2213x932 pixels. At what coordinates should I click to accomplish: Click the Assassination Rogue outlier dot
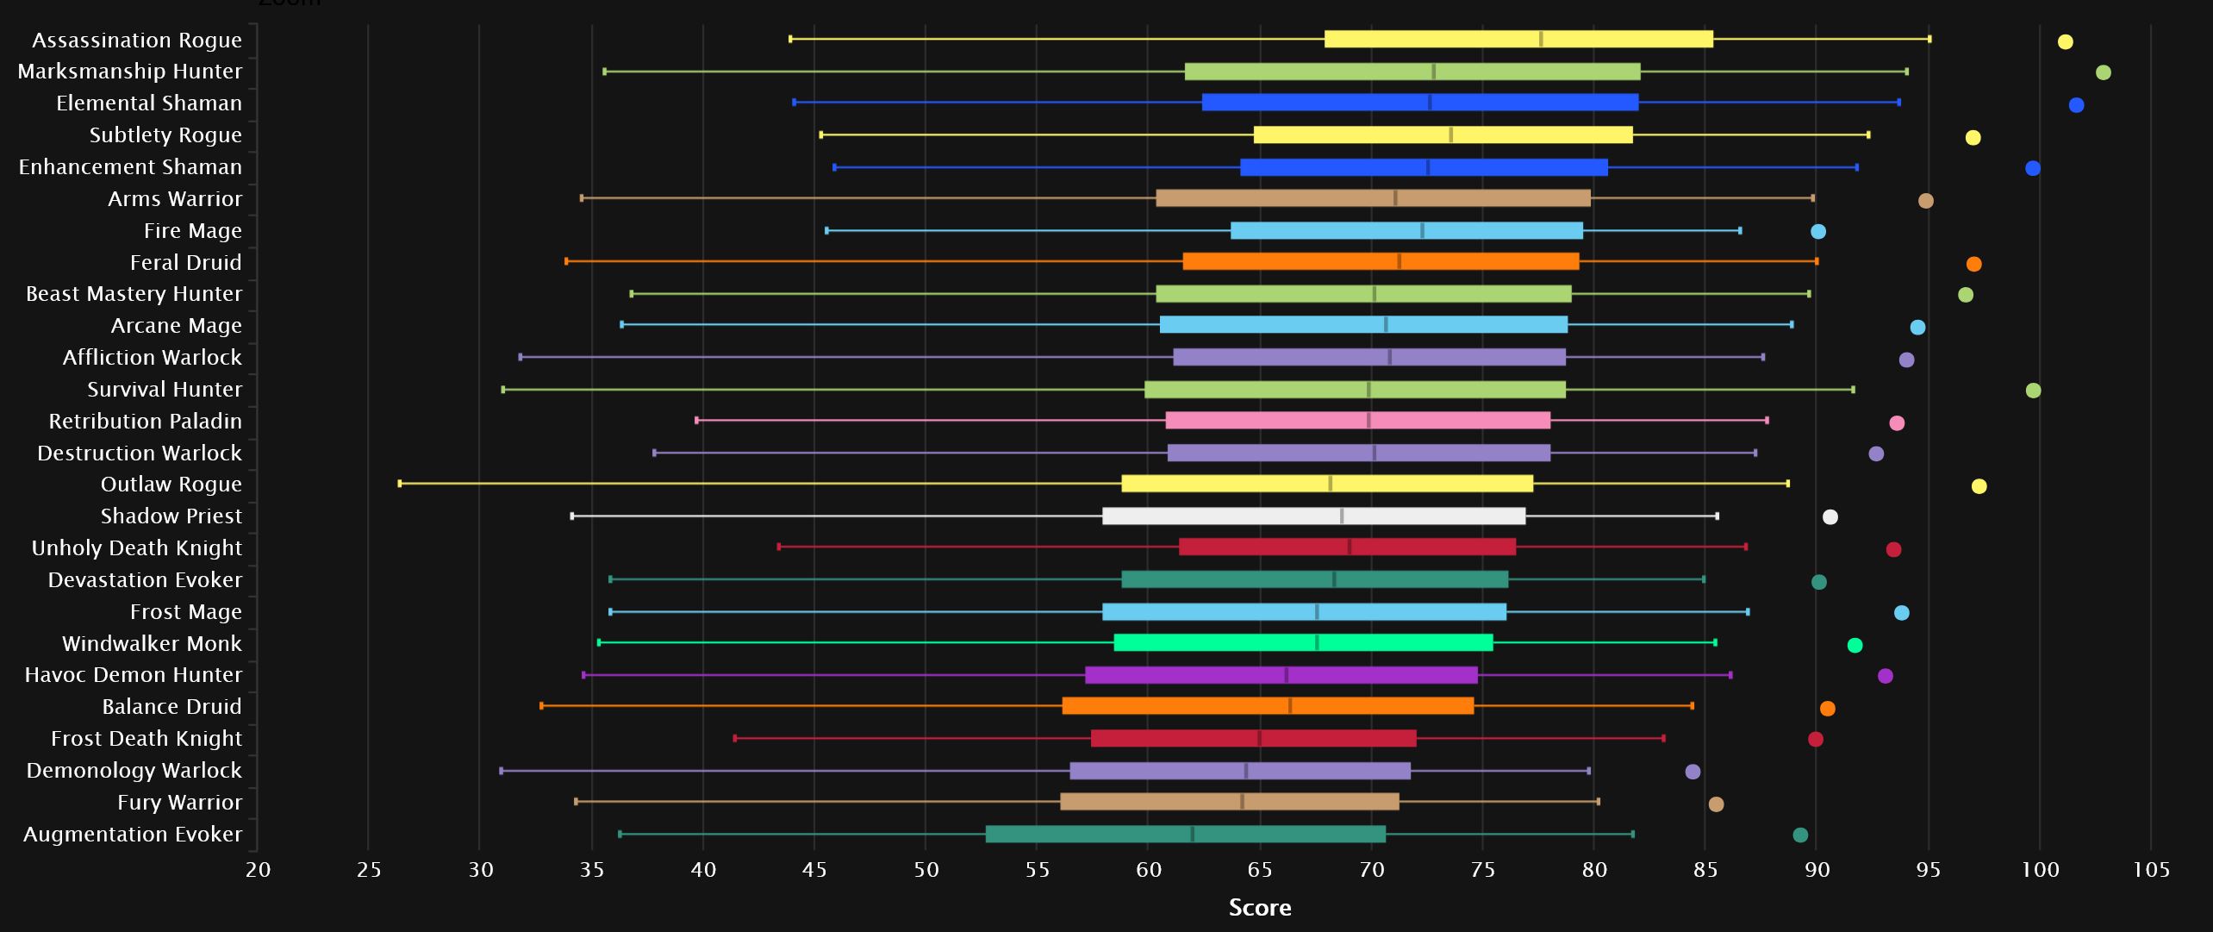[2065, 41]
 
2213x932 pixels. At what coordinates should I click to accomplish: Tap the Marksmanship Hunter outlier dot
[2103, 72]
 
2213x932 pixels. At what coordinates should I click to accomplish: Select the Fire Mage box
[1406, 230]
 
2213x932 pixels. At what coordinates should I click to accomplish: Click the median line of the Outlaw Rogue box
[1331, 484]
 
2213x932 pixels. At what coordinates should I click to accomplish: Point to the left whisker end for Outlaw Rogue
[400, 484]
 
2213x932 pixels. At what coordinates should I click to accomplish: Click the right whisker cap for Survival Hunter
[1853, 390]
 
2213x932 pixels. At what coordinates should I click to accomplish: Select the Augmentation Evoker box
[1185, 834]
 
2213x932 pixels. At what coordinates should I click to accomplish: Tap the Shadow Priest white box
[1313, 516]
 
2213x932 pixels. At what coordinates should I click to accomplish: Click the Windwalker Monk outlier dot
[1855, 645]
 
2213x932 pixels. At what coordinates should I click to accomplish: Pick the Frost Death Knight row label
[146, 739]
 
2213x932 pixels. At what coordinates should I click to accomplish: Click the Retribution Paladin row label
[145, 422]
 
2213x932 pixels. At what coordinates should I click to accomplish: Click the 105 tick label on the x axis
[2151, 869]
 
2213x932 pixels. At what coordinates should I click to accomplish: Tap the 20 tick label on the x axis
[258, 869]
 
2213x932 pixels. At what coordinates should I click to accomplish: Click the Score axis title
[1259, 907]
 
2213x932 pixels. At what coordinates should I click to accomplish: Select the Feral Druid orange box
[1381, 261]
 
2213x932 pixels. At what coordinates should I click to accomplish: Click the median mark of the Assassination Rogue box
[1541, 39]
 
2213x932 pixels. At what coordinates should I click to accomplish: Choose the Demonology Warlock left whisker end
[502, 771]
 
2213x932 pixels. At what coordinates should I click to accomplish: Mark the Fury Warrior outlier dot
[1716, 804]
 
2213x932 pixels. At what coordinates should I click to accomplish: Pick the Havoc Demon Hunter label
[134, 675]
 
